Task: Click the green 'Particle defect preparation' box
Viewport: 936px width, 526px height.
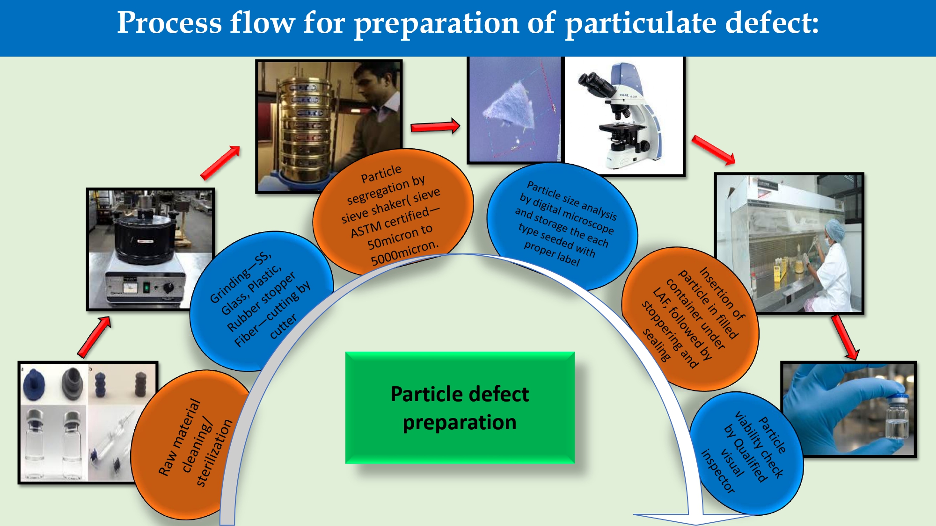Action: [460, 408]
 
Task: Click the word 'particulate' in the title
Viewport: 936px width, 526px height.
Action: [640, 23]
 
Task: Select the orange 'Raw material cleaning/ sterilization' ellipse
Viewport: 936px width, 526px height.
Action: [190, 444]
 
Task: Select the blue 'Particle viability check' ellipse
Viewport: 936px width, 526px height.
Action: [746, 454]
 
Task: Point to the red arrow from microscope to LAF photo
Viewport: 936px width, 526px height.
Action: [714, 150]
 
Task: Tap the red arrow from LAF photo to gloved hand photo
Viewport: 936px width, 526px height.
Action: [845, 337]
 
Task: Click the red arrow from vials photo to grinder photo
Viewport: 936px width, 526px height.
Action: [94, 337]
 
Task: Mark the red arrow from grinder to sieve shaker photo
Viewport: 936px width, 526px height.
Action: [220, 162]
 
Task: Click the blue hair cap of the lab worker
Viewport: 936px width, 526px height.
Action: [834, 229]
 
